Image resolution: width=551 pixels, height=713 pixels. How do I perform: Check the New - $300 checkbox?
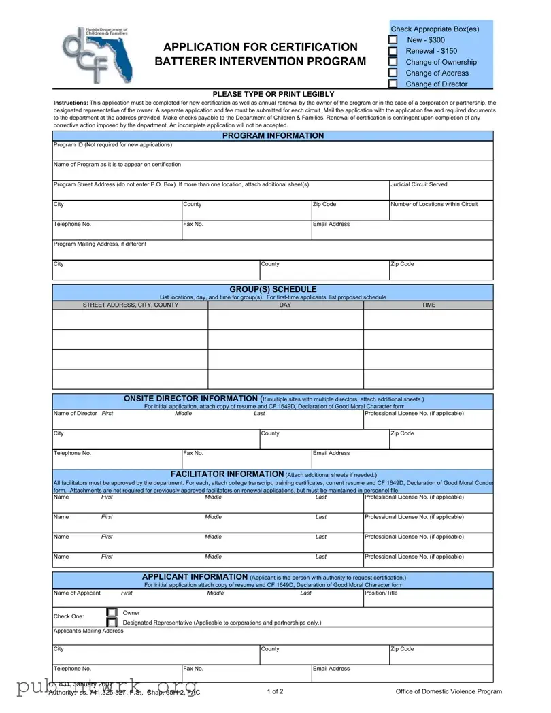pos(393,40)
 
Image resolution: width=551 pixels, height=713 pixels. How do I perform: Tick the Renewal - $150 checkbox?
pos(393,51)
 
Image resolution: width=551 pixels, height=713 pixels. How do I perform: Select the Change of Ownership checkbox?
pos(393,62)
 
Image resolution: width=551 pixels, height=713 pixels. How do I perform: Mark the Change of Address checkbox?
pos(393,73)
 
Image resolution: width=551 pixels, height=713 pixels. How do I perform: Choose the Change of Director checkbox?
pos(393,84)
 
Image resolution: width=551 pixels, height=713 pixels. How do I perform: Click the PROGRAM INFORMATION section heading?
pos(273,135)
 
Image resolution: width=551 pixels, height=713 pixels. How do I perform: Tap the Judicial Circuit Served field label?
pos(418,184)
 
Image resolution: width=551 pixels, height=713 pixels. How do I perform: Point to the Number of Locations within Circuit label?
pos(434,204)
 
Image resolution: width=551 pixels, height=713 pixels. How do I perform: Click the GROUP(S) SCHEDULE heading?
pos(273,289)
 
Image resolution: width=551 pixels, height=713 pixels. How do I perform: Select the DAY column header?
pos(285,305)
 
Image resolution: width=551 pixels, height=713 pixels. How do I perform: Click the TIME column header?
pos(428,305)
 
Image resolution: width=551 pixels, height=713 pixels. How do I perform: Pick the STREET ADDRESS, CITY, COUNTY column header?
pos(131,305)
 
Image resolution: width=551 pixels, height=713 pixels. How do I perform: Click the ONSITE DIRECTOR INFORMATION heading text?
pos(190,399)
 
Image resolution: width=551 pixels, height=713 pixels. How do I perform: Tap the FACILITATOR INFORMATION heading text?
pos(227,474)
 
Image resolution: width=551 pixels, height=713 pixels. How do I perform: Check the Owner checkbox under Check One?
pos(112,612)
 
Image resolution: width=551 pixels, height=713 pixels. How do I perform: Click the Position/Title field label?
pos(382,593)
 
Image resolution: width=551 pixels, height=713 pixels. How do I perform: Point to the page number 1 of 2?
pos(275,691)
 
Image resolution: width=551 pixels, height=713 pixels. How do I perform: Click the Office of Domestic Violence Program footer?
pos(448,691)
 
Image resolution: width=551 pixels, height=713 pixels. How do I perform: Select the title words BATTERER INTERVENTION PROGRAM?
pos(260,61)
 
